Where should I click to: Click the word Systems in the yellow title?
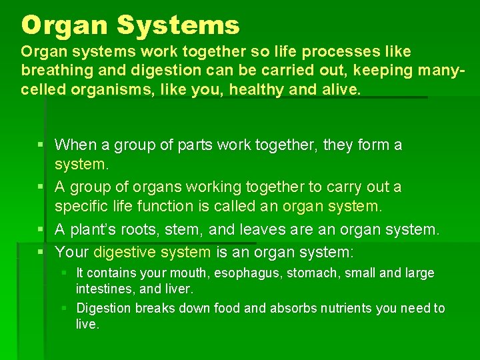point(177,25)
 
